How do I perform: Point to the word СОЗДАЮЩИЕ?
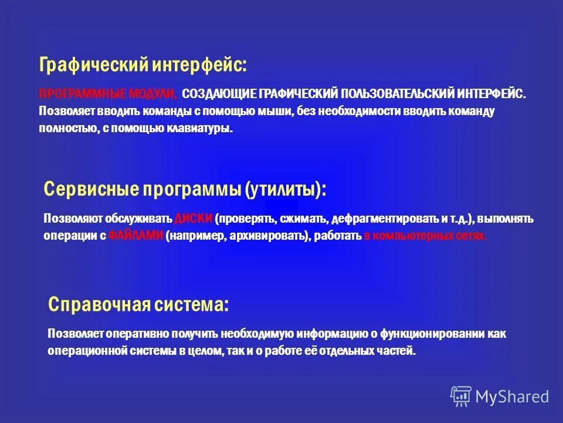coord(218,94)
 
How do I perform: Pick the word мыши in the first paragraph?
coord(276,111)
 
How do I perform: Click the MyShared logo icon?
coord(460,397)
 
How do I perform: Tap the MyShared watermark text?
coord(512,397)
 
